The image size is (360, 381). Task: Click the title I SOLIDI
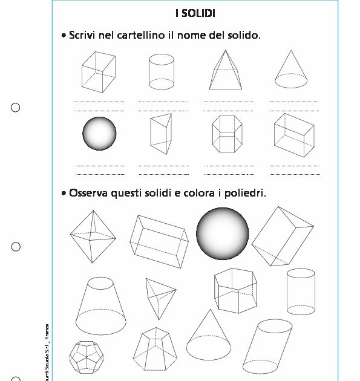[195, 13]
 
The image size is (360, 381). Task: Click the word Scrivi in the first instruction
[83, 36]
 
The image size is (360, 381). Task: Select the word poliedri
[245, 194]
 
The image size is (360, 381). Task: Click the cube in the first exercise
[99, 71]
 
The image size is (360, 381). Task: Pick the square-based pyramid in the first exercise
[225, 70]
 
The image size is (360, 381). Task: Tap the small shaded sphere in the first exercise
[99, 134]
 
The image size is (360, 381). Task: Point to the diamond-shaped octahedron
[91, 236]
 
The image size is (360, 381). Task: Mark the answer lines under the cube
[99, 106]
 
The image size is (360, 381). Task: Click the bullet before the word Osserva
[64, 194]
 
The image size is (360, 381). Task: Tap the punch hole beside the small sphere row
[16, 108]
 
